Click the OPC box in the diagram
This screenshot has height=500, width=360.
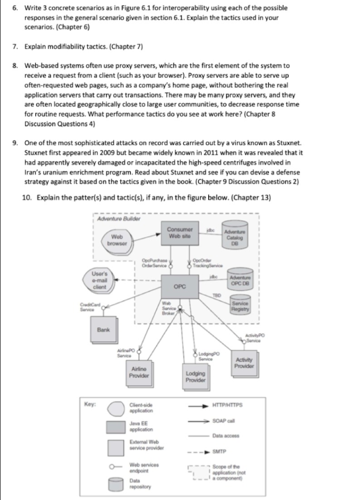tap(179, 286)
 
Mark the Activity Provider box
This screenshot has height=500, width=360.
tap(244, 361)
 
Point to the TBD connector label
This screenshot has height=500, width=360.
tap(219, 296)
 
